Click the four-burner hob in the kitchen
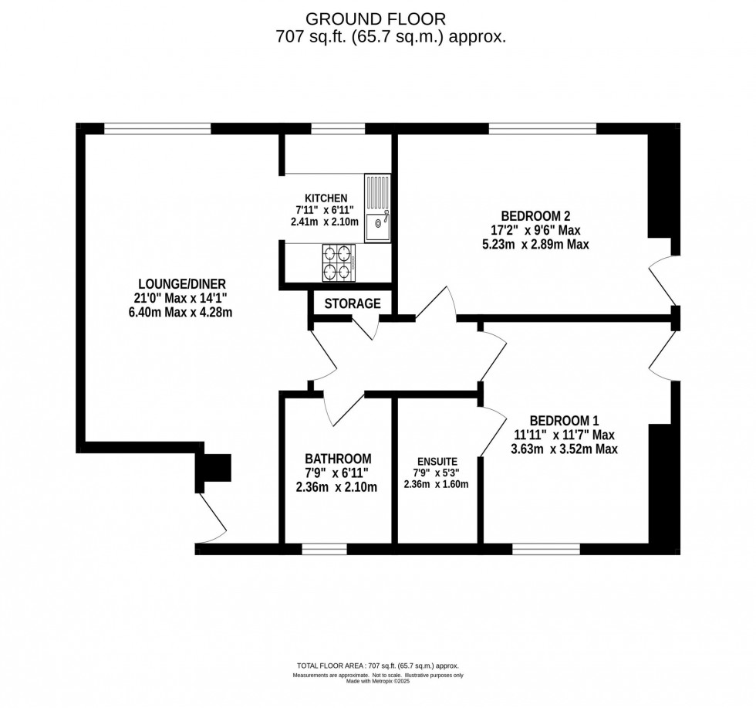(x=338, y=263)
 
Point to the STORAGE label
(x=352, y=303)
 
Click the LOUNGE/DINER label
(x=183, y=283)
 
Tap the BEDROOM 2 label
(x=535, y=215)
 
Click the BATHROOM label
(x=338, y=458)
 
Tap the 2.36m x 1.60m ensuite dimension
(x=436, y=485)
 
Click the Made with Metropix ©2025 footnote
(x=378, y=681)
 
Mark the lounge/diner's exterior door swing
(x=211, y=517)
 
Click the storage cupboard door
(x=364, y=327)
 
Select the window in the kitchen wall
(x=328, y=127)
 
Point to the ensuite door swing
(x=491, y=436)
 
